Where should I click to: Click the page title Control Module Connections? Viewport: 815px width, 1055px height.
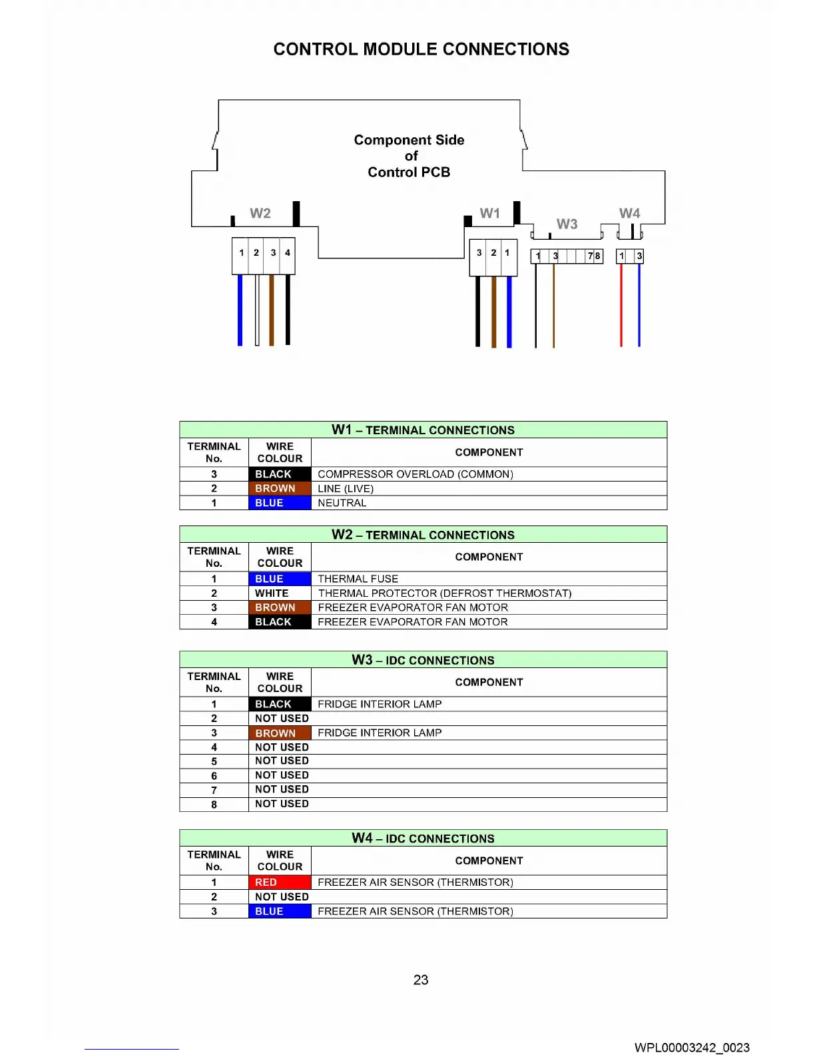coord(421,49)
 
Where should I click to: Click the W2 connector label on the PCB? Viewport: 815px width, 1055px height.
coord(260,213)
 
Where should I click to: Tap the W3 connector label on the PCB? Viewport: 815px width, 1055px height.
coord(567,224)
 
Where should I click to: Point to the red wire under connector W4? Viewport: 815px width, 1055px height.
coord(621,306)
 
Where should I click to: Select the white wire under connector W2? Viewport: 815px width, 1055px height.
coord(257,310)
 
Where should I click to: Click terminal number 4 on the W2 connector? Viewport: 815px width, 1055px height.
coord(288,253)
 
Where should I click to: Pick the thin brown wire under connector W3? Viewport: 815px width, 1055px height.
coord(553,306)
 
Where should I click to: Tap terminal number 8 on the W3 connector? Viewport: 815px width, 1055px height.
coord(598,256)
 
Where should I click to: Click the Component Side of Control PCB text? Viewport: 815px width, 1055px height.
coord(409,156)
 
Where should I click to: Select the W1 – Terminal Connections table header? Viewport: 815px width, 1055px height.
coord(423,430)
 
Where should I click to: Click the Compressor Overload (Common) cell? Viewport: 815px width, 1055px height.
coord(415,474)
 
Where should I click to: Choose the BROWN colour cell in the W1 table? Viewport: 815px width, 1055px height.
coord(280,488)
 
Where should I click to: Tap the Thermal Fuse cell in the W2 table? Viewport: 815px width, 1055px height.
coord(358,579)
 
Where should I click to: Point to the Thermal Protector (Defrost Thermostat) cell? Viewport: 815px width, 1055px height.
coord(445,593)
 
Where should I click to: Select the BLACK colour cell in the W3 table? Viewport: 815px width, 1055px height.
coord(280,704)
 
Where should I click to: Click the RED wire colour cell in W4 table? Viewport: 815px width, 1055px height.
coord(280,882)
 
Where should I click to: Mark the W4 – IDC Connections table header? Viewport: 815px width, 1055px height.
coord(423,839)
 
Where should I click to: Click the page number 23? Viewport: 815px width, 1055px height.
coord(421,980)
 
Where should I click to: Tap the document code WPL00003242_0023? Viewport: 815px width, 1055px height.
coord(692,1047)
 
